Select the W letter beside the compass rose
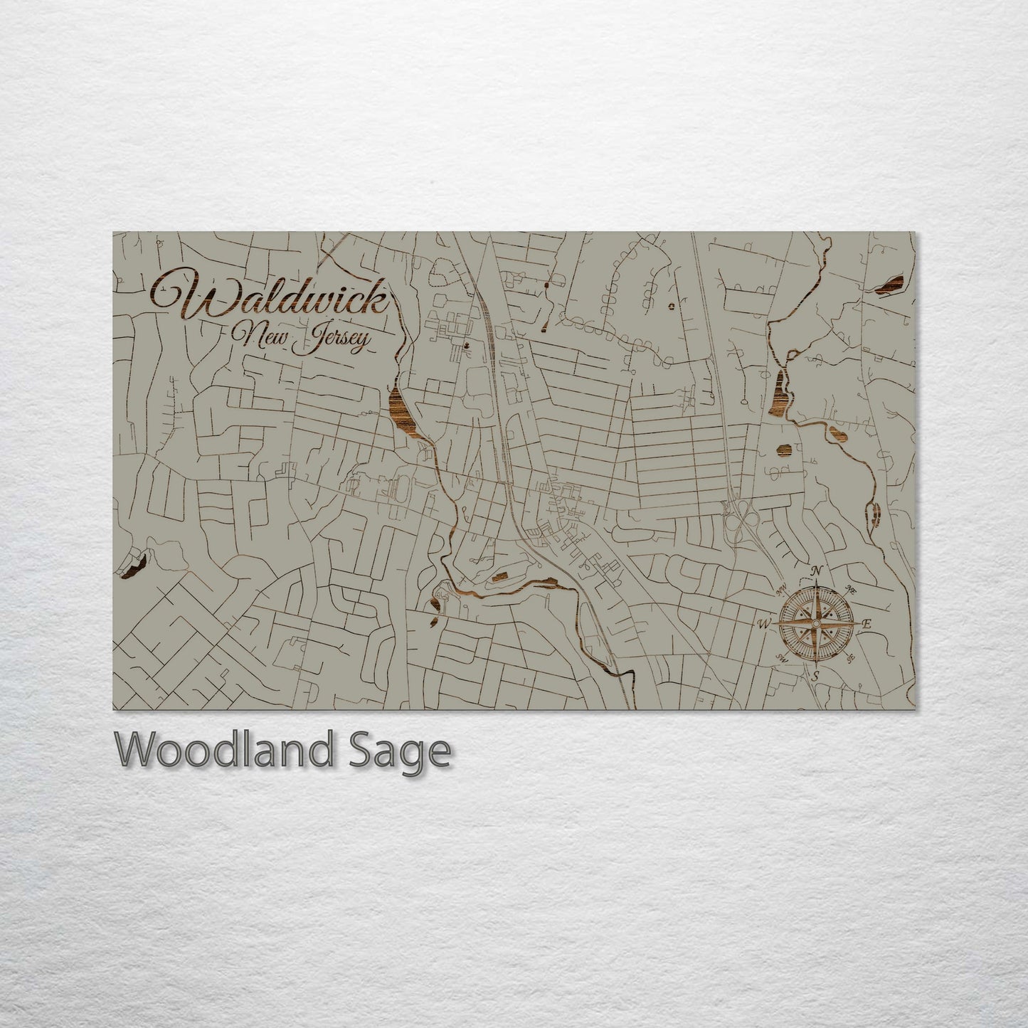[x=763, y=624]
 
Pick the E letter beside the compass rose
[x=867, y=624]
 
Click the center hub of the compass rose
[x=816, y=624]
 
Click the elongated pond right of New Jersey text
[x=403, y=413]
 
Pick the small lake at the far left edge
[x=134, y=566]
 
